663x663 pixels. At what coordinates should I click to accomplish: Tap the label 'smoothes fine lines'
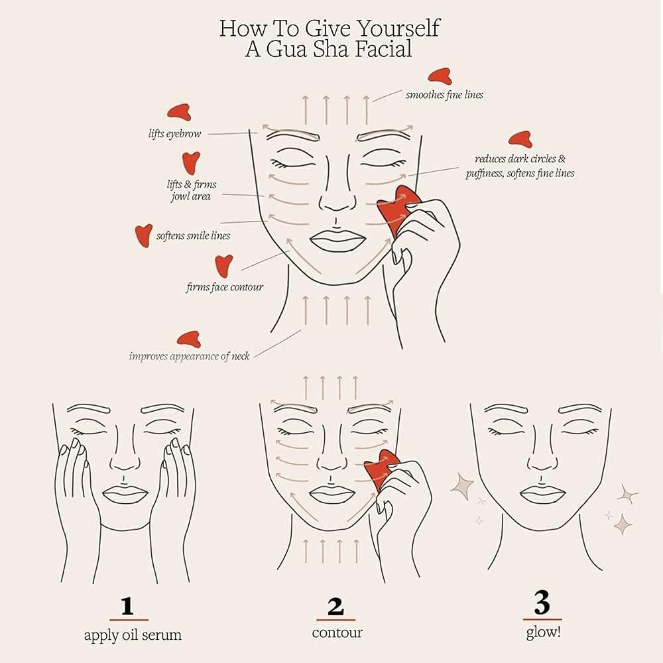point(444,95)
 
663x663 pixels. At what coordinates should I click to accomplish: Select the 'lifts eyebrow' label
point(174,134)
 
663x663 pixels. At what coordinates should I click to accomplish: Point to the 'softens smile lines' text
point(193,235)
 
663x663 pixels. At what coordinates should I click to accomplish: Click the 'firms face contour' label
point(224,287)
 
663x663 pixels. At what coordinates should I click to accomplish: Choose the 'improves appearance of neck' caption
point(189,356)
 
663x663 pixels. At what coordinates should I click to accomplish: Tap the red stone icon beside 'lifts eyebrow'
point(179,111)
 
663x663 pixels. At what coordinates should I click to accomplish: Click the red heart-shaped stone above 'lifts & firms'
point(191,162)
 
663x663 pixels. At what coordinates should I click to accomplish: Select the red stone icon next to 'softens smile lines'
point(143,234)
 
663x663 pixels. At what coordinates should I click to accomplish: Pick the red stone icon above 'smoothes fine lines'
point(440,77)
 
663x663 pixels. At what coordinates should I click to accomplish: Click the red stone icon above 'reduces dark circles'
point(520,139)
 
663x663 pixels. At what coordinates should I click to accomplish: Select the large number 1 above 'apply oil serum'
point(128,607)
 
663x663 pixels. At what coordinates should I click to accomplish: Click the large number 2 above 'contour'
point(336,607)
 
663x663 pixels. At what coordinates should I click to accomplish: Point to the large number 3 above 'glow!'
point(542,604)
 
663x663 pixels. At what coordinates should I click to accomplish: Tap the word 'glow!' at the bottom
point(544,632)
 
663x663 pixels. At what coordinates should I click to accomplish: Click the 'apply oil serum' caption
point(132,635)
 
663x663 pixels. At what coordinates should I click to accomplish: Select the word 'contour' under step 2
point(337,633)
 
